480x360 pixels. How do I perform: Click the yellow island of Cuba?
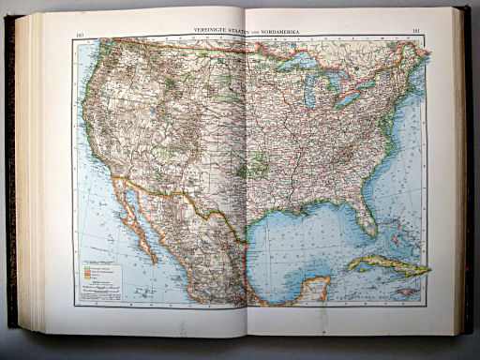[388, 267]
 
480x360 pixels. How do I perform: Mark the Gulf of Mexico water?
[300, 239]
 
